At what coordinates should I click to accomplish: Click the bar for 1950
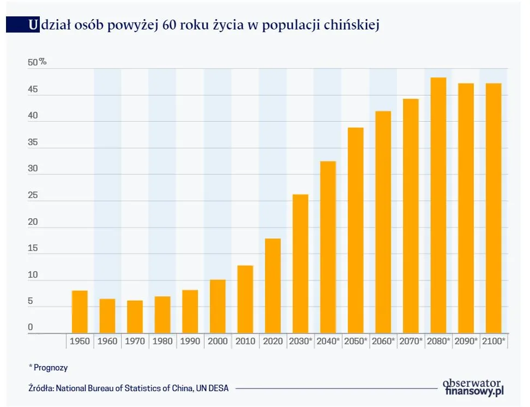pos(80,312)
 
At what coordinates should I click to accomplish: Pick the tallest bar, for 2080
pos(438,205)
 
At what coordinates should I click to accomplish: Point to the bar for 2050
pos(356,230)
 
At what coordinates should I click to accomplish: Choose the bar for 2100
pos(493,208)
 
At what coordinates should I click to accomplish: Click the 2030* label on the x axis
pos(300,342)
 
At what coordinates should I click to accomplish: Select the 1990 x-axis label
pos(190,342)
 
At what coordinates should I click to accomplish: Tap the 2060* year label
pos(383,342)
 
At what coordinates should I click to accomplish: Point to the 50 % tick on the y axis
pos(37,62)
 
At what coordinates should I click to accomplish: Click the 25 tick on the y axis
pos(33,195)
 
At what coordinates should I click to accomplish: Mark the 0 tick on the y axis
pos(31,327)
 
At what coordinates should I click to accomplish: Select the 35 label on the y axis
pos(33,142)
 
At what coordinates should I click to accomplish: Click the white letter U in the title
pos(33,25)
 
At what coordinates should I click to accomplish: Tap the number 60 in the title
pos(170,25)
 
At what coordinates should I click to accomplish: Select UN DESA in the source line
pos(212,388)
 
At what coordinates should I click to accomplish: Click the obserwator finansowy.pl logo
pos(473,387)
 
